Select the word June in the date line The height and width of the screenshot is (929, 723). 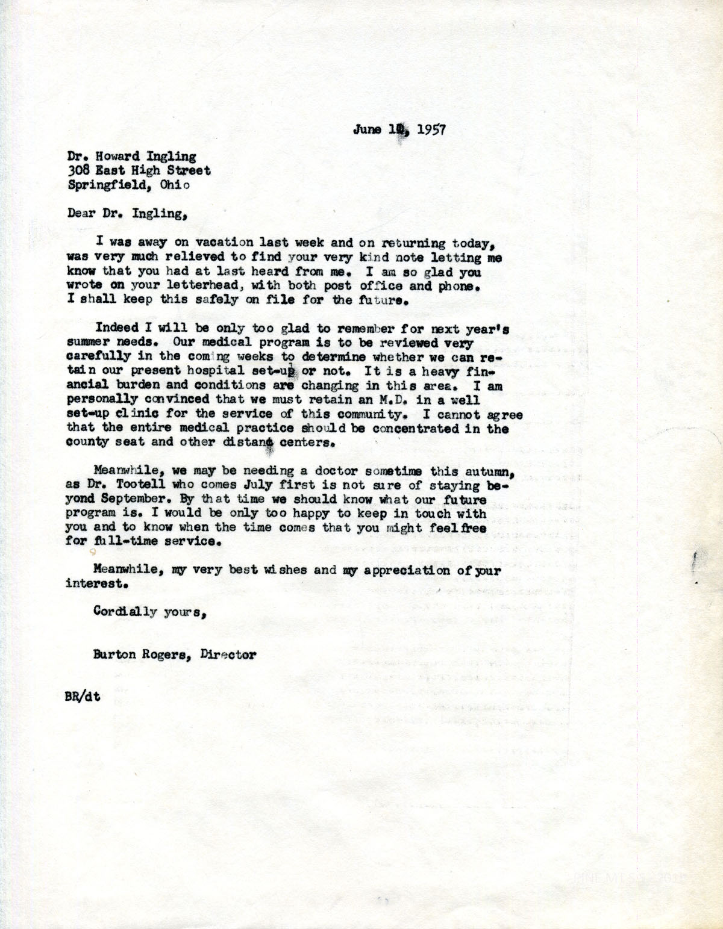tap(367, 129)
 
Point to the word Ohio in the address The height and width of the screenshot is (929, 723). tap(175, 185)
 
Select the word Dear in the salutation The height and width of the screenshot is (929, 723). tap(81, 213)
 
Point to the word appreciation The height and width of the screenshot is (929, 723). tap(407, 570)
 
